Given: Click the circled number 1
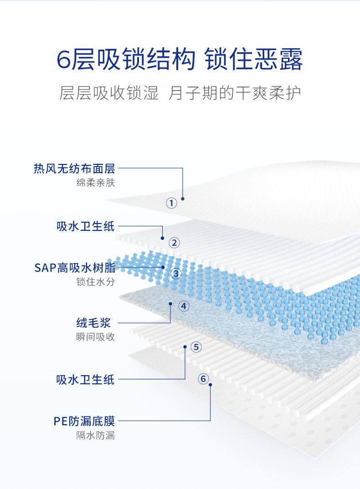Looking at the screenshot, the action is pos(171,203).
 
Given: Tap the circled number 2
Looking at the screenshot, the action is pos(174,243).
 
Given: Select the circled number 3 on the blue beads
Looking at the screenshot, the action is pos(176,274).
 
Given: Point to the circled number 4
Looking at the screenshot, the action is pos(184,306).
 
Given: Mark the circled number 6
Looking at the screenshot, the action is pos(203,378).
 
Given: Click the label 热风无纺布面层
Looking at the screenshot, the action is pos(74,169).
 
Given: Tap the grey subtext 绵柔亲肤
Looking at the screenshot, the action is pos(96,183).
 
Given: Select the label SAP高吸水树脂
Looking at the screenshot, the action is pos(75,267).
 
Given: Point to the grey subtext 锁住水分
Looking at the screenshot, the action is pos(96,282).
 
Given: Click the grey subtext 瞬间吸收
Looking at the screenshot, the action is pos(96,337).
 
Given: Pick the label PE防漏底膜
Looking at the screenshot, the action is pos(84,421).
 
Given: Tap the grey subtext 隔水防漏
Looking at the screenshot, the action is pos(96,436).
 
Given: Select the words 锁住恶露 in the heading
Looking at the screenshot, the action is pos(254,60).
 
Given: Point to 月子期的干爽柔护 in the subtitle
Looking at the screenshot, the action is pos(235,93).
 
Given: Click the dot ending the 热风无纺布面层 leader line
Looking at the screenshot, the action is pos(183,199).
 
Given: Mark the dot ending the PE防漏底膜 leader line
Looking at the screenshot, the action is pos(211,385).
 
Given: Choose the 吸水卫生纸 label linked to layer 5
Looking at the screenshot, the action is pos(86,379).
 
